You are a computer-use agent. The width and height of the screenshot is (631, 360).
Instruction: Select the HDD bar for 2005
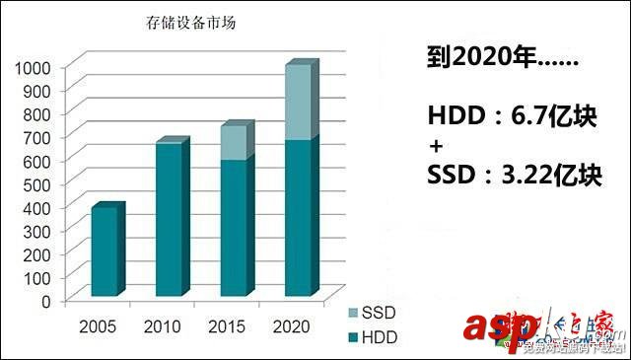[x=104, y=252]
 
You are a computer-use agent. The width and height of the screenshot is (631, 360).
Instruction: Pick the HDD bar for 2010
[x=169, y=220]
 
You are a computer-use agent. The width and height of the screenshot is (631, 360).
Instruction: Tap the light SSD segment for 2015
[x=233, y=143]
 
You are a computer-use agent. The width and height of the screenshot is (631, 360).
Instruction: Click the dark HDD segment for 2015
[x=233, y=228]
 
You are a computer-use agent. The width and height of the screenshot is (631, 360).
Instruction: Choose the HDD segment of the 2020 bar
[x=298, y=218]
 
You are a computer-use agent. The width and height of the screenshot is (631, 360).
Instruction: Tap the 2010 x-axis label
[x=161, y=326]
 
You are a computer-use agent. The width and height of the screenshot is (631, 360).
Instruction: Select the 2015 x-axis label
[x=226, y=326]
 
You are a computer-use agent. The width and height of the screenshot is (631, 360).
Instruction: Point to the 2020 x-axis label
[x=291, y=326]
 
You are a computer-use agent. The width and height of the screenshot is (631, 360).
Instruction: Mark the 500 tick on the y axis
[x=36, y=183]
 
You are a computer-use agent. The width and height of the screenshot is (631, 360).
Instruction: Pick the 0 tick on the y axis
[x=46, y=300]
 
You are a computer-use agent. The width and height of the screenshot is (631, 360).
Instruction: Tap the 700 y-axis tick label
[x=36, y=137]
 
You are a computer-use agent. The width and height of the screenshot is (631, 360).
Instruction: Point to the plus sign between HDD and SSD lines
[x=436, y=147]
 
